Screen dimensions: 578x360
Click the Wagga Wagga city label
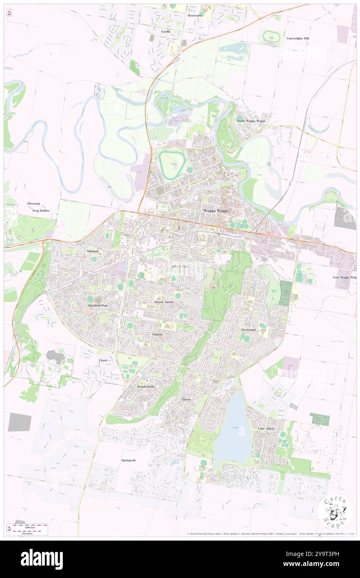pos(216,211)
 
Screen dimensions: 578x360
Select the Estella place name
pos(166,31)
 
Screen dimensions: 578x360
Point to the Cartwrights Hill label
pos(298,38)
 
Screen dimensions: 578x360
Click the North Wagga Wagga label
pos(251,121)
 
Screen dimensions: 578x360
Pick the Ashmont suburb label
pos(93,251)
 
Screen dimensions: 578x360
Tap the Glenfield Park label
pos(98,305)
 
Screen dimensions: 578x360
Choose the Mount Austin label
pos(163,301)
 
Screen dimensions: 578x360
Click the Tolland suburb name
pos(157,334)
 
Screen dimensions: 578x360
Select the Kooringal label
pos(249,329)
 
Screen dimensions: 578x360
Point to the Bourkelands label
pos(146,386)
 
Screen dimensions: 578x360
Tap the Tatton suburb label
pos(186,399)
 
